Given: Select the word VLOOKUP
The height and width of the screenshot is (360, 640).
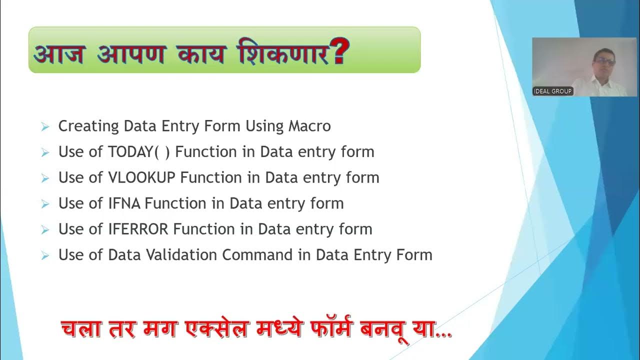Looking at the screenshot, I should [x=142, y=177].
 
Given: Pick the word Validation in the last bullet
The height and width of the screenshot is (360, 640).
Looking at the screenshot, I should [x=182, y=255].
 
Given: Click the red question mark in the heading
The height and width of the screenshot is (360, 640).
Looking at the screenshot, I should [x=339, y=51].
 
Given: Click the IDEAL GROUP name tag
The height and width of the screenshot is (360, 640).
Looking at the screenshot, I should [x=552, y=91].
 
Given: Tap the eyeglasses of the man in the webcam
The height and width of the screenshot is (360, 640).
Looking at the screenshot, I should [x=605, y=61].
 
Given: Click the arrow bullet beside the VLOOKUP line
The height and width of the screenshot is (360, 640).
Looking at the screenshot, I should [x=45, y=178].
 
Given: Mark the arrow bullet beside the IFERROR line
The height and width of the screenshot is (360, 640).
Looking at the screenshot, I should [x=45, y=230].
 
